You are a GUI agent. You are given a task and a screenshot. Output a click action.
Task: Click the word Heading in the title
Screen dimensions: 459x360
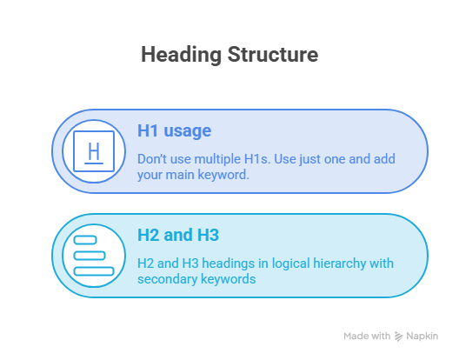[181, 55]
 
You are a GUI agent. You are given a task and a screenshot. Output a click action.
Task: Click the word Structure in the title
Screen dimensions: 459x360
[273, 55]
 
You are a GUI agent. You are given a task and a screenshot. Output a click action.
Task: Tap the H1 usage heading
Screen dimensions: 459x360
[174, 130]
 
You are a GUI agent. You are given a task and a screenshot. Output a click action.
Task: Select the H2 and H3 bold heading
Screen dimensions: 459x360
[178, 235]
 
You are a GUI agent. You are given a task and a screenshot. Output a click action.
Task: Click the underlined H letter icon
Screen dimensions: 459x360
[94, 151]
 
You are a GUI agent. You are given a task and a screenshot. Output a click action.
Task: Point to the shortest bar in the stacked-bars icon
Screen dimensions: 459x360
[85, 240]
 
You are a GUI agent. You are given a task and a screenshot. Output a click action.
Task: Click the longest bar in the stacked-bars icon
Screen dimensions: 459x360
[94, 271]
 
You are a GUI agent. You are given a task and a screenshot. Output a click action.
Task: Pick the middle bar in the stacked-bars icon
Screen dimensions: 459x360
[90, 256]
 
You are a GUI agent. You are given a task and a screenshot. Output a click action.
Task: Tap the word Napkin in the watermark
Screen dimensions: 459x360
[422, 336]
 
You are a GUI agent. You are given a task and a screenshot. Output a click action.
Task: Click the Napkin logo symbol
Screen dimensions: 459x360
[398, 337]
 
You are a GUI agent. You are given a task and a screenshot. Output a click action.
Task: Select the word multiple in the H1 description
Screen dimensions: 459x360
[217, 159]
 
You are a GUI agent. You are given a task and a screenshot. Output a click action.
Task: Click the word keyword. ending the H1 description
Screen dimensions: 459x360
[223, 175]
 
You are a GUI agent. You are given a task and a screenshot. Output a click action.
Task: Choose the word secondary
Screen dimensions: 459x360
[167, 279]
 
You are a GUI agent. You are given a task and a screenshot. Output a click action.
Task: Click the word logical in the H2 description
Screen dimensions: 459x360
[290, 263]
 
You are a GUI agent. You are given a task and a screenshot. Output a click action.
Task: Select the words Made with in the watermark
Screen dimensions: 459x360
[367, 336]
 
